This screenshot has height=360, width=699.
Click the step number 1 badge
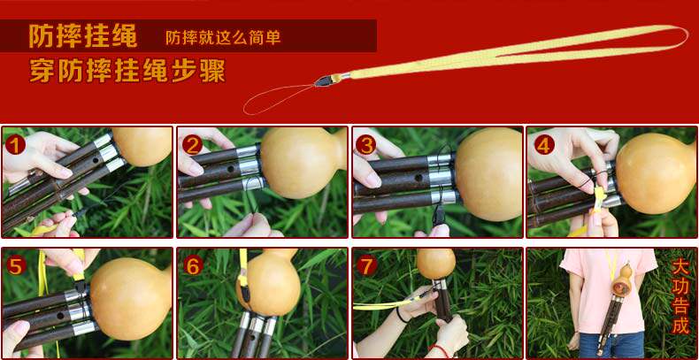point(15,145)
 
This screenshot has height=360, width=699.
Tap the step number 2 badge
point(192,145)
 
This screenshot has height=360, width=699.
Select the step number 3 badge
point(366,145)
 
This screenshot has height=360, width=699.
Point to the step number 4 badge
point(544,145)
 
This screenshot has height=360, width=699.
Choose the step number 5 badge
point(15,266)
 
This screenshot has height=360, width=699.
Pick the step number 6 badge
point(193,266)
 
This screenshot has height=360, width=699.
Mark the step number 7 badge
point(367,266)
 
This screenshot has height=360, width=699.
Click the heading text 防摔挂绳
point(83,35)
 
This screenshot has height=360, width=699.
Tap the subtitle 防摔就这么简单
point(223,37)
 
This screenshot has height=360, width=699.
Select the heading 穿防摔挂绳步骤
point(127,71)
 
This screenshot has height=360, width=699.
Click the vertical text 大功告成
point(680,296)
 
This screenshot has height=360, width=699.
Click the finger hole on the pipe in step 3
point(419,177)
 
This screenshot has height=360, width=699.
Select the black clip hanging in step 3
point(439,215)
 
